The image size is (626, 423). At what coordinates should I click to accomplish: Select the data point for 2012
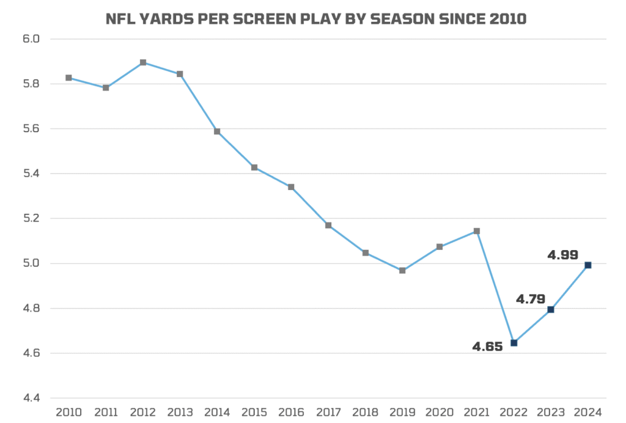143,62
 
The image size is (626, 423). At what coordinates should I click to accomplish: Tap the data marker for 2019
402,270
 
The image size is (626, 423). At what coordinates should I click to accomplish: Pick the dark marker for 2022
514,343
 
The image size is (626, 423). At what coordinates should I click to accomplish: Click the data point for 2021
477,231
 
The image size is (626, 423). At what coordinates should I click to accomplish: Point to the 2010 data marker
69,78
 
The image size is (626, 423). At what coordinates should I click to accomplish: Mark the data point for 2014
217,131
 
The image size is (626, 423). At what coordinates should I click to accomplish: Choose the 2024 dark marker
588,265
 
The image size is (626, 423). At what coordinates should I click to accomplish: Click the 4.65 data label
487,347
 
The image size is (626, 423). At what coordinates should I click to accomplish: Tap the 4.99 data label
563,255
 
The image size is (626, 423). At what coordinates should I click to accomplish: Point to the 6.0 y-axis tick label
30,39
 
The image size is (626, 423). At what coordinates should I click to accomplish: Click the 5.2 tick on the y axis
30,218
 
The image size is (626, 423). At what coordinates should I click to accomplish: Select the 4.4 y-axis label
30,398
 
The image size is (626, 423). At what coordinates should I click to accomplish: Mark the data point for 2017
328,226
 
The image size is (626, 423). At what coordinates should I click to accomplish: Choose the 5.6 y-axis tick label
30,129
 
